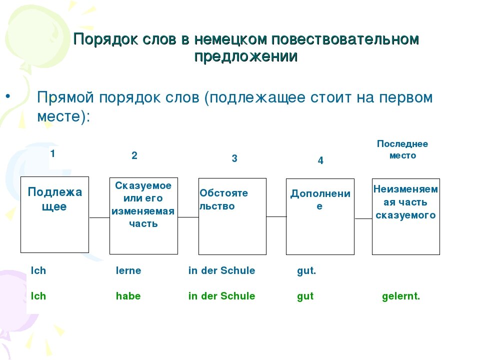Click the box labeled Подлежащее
point(54,214)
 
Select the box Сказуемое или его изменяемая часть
point(143,215)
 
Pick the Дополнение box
point(320,216)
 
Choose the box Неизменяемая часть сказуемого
point(406,216)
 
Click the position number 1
point(52,154)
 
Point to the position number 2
point(134,155)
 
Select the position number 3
point(234,159)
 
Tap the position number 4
point(320,161)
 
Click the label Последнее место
point(402,149)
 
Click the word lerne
point(128,270)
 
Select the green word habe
point(128,296)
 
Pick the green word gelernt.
point(401,296)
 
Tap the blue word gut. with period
point(306,270)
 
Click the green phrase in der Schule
point(221,296)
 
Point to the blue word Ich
point(38,270)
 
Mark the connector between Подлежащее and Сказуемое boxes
point(99,218)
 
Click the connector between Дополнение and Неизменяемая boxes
point(363,218)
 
